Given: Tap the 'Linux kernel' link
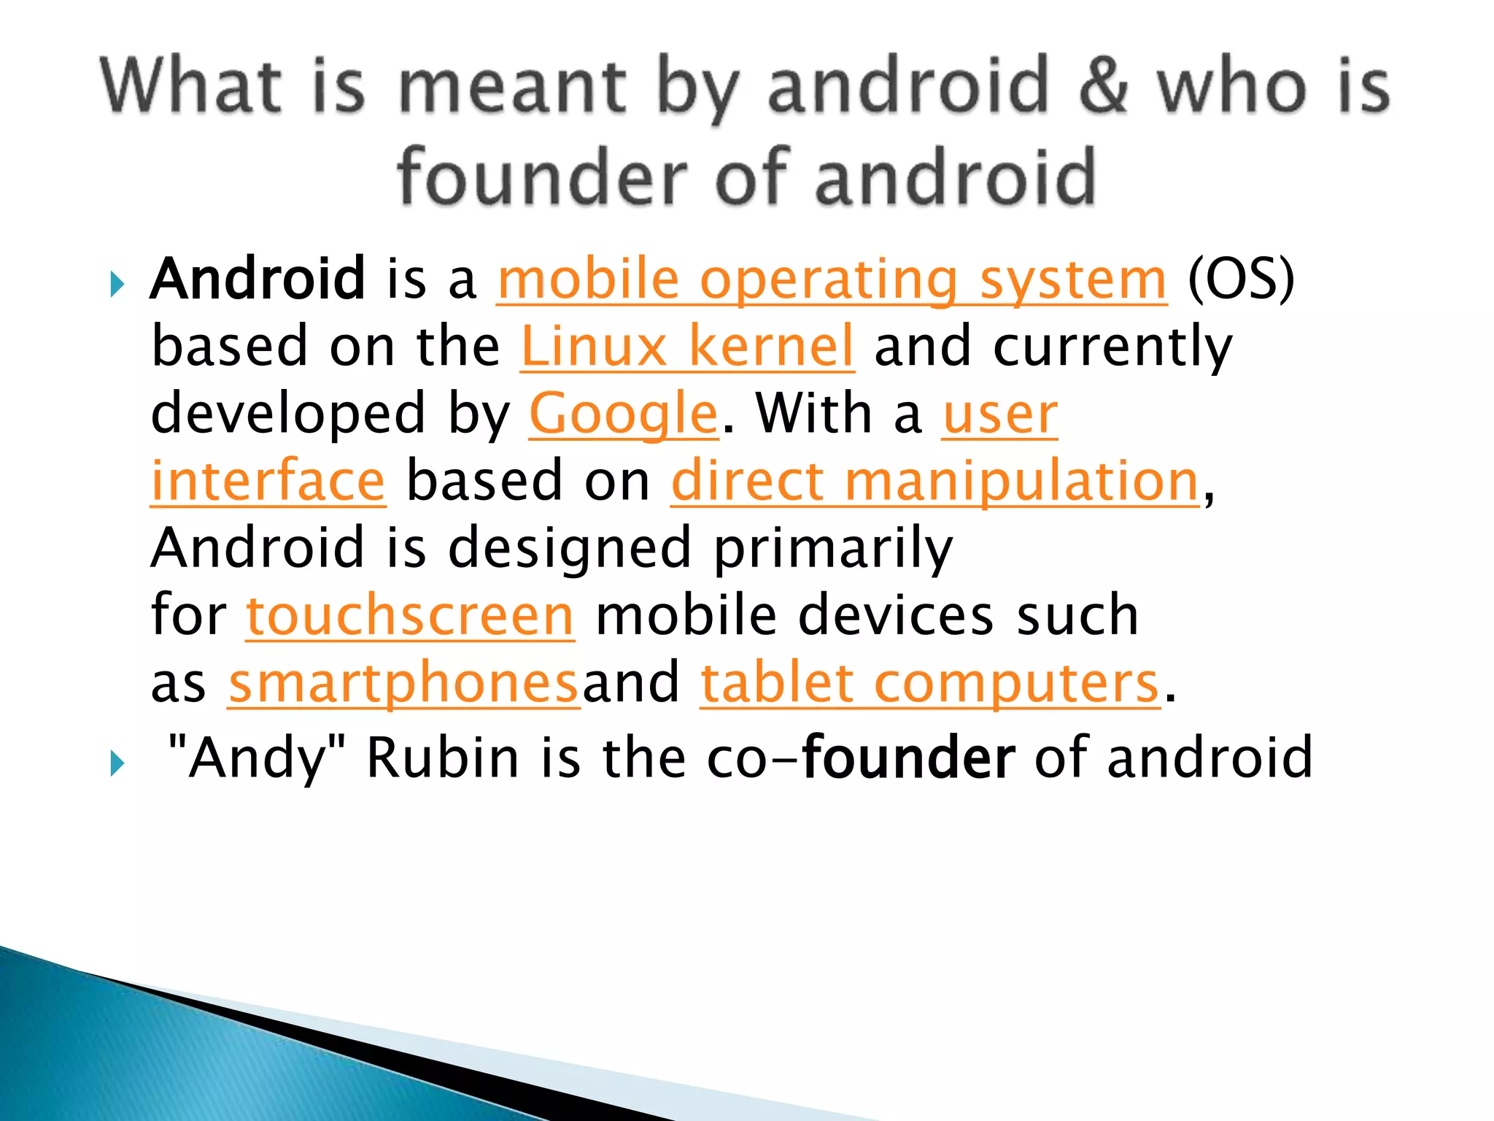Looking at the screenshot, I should (x=687, y=347).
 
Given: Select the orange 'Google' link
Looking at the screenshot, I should (x=624, y=414).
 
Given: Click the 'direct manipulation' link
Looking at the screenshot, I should (x=935, y=482).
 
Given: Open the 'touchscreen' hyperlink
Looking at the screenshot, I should (x=410, y=616).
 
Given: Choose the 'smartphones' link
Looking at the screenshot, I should (x=404, y=683).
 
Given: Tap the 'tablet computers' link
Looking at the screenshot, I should (x=930, y=683).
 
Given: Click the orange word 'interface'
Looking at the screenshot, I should (x=268, y=482).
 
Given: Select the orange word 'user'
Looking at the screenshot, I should (x=999, y=414).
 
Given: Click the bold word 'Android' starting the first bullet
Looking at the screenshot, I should (x=258, y=279).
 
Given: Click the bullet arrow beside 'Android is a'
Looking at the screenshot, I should (x=117, y=283).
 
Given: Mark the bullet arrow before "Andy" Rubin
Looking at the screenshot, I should (x=117, y=763).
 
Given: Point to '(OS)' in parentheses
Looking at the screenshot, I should (x=1241, y=280).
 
